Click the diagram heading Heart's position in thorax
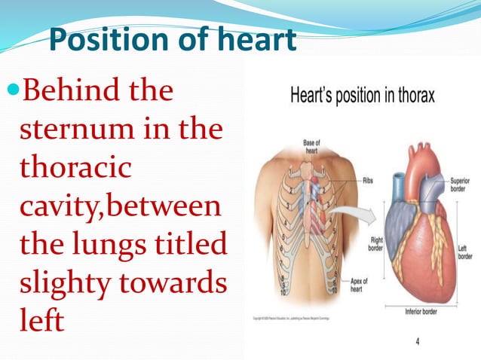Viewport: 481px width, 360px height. click(362, 96)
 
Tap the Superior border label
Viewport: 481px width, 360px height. click(461, 185)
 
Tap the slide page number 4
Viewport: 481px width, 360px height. click(418, 341)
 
